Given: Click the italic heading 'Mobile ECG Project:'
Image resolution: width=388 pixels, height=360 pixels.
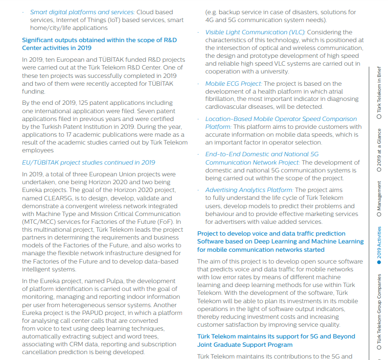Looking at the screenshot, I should tap(233, 84).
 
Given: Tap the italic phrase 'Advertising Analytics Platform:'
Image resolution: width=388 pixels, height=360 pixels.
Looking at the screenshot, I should tap(249, 190).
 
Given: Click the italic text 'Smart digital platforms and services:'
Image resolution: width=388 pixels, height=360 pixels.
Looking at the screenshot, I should tap(82, 12).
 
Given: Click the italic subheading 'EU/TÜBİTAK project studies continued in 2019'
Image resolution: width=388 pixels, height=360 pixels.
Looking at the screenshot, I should tap(89, 163).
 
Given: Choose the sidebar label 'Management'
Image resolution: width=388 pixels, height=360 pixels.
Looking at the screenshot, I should tap(379, 196).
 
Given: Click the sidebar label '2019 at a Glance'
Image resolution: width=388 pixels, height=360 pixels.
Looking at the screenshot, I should tap(379, 147).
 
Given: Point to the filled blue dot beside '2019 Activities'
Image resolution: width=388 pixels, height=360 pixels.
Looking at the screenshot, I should tap(379, 264).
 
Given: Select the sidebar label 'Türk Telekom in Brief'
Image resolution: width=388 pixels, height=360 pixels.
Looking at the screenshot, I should tap(379, 91).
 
